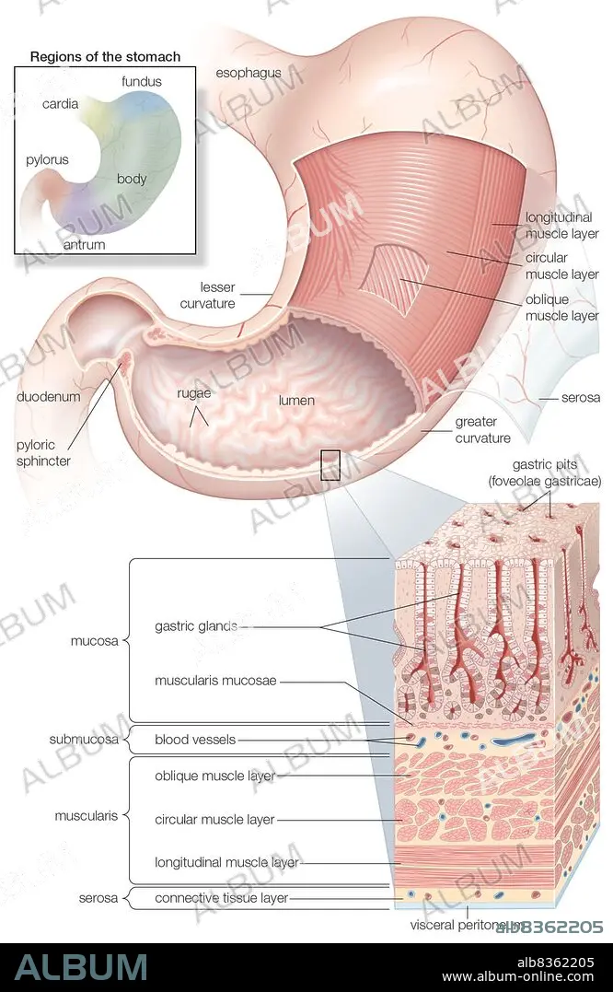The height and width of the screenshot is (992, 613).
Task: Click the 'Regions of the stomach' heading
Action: coord(105,56)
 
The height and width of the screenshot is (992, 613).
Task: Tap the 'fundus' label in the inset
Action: coord(141,81)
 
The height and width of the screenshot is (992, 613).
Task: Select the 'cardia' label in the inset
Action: coord(60,104)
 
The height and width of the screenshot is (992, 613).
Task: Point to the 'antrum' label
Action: coord(85,245)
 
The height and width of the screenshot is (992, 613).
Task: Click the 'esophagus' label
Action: coord(248,73)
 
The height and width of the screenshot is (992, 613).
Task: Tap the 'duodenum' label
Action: coord(49,397)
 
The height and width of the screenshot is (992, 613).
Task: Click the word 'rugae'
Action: coord(194,393)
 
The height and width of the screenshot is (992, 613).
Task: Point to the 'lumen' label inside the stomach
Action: coord(296,401)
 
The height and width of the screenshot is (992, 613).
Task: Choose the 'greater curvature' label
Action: coord(482,430)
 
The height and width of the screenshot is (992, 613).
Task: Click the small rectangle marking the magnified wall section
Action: coord(330,464)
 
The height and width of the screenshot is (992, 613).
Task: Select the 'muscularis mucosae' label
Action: coord(215,682)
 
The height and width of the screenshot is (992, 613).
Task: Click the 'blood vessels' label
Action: coord(195,739)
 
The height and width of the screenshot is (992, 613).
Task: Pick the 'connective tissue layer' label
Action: coord(221,897)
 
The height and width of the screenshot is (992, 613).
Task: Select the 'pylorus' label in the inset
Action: coord(47,159)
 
